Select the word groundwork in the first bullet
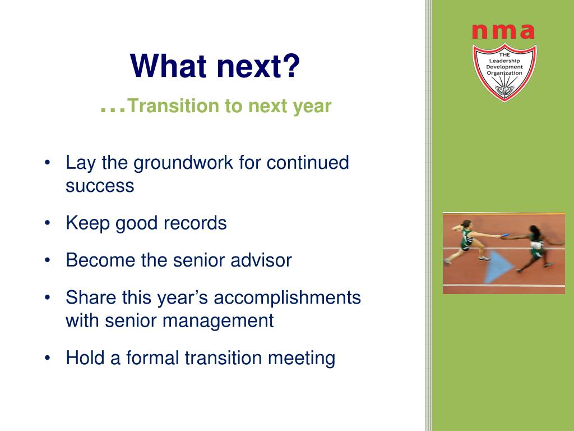click(x=183, y=163)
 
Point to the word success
click(x=100, y=186)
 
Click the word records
click(x=195, y=223)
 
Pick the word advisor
click(x=261, y=260)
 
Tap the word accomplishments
click(x=288, y=297)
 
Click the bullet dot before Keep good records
click(x=47, y=223)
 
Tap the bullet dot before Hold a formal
click(x=47, y=357)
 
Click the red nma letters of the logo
click(x=503, y=31)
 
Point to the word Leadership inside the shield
click(x=504, y=61)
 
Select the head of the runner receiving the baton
click(x=534, y=231)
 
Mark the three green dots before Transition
click(x=113, y=110)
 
